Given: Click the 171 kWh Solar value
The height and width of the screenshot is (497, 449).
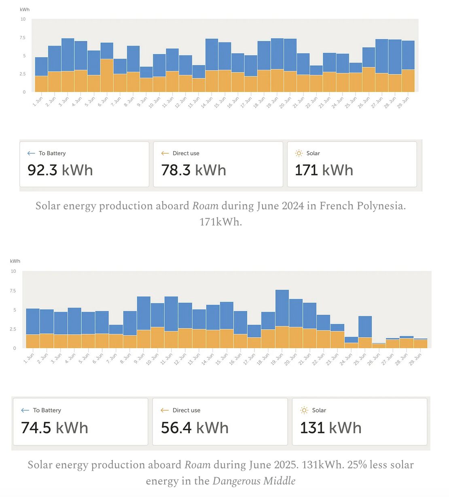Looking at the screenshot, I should click(324, 170).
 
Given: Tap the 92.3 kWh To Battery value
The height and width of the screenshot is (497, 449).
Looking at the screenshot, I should click(60, 170).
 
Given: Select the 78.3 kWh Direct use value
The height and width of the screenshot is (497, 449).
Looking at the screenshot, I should click(193, 170).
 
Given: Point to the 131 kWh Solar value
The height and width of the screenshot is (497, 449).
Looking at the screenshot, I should click(330, 428).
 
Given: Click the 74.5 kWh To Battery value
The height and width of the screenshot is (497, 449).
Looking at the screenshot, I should click(54, 428).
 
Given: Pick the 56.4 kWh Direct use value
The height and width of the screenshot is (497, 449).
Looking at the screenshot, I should click(195, 428).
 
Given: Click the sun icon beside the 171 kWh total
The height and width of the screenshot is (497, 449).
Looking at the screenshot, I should click(299, 153).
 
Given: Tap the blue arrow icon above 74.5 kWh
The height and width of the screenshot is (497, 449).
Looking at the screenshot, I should click(25, 410).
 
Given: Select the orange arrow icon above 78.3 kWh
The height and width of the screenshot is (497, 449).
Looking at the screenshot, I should click(165, 153).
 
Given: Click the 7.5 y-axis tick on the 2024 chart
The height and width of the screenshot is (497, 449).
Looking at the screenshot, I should click(23, 38).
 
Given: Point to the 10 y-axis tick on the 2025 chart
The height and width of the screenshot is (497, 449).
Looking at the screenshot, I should click(13, 271).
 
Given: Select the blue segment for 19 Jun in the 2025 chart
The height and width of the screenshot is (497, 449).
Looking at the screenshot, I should click(282, 308).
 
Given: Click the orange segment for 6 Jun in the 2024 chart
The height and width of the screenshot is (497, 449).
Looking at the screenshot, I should click(107, 75).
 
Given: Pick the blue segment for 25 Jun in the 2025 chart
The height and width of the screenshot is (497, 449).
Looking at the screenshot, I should click(365, 326).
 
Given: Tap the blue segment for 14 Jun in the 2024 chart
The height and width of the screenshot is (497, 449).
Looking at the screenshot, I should click(212, 55).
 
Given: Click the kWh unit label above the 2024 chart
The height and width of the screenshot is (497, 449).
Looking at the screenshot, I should click(25, 9).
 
